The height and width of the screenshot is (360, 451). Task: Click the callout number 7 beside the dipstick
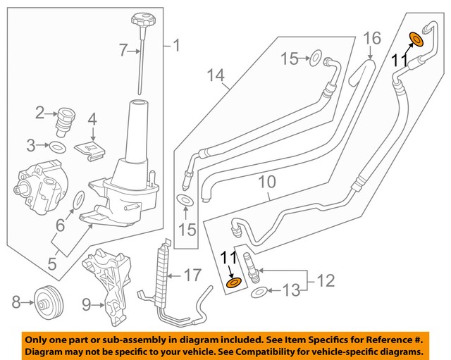pyautogui.click(x=122, y=49)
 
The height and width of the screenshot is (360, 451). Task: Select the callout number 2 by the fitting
pyautogui.click(x=41, y=111)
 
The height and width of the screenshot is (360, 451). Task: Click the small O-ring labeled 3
pyautogui.click(x=59, y=146)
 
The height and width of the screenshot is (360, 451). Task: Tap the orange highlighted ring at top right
pyautogui.click(x=416, y=39)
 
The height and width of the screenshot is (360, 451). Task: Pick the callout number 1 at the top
pyautogui.click(x=175, y=47)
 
